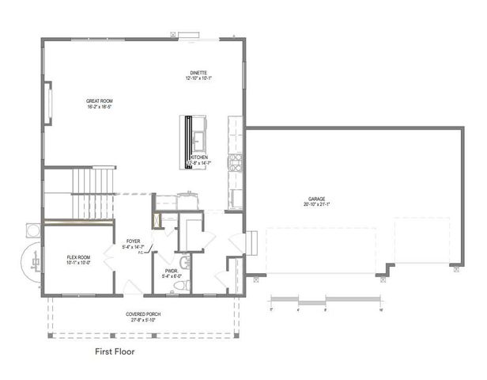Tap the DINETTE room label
[198, 72]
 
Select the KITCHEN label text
[198, 158]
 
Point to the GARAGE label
[317, 199]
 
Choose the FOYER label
[133, 241]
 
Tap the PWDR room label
[172, 271]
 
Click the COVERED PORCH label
[143, 314]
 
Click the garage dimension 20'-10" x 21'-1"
[317, 204]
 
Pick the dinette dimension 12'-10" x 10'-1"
[198, 78]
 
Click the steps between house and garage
[250, 241]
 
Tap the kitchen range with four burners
[235, 162]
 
